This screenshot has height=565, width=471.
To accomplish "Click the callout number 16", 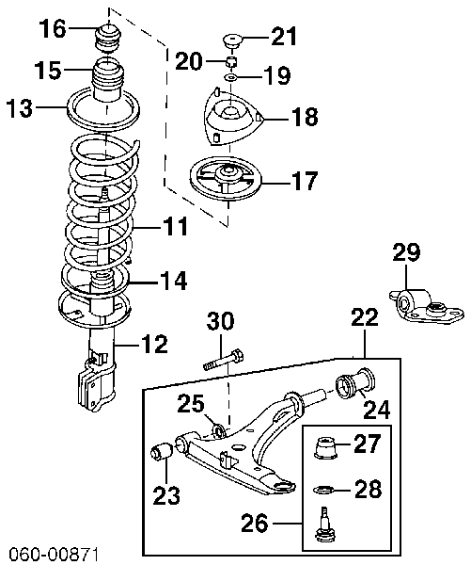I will pos(54,28).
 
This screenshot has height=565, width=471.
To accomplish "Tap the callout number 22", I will pos(363,319).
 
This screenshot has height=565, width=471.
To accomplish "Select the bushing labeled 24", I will pos(355,387).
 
